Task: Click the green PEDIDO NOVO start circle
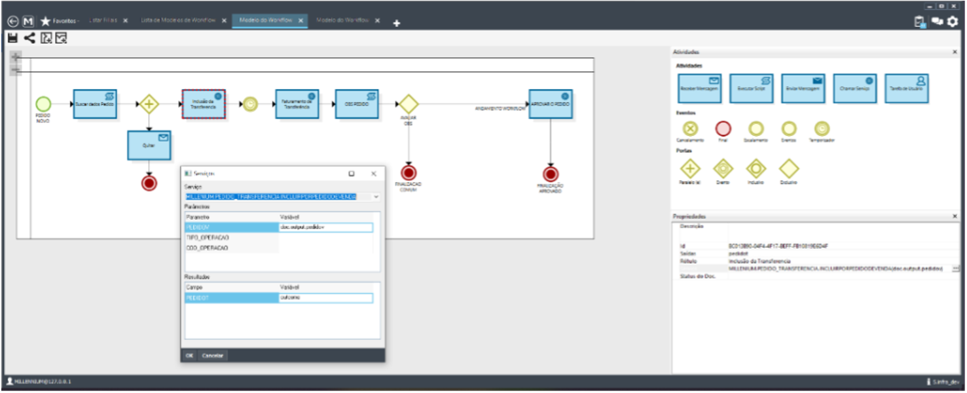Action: (43, 103)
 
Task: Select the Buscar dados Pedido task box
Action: (95, 103)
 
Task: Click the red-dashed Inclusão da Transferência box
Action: (203, 103)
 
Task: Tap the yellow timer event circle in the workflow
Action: (250, 104)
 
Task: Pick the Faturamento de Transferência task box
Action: (297, 103)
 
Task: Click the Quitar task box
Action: (149, 145)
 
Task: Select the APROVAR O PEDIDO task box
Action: (550, 103)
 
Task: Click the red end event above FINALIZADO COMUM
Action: (409, 172)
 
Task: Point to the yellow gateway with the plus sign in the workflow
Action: (149, 103)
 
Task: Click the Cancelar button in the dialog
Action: (212, 356)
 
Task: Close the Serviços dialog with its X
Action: (373, 174)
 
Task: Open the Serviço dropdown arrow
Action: (376, 196)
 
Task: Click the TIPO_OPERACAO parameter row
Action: (230, 238)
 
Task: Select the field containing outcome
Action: (325, 298)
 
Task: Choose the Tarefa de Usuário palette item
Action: (906, 88)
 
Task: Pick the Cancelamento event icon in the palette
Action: (690, 128)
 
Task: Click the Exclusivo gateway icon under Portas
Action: (789, 169)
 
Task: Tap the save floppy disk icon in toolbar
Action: (12, 38)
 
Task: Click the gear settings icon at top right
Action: (953, 21)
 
